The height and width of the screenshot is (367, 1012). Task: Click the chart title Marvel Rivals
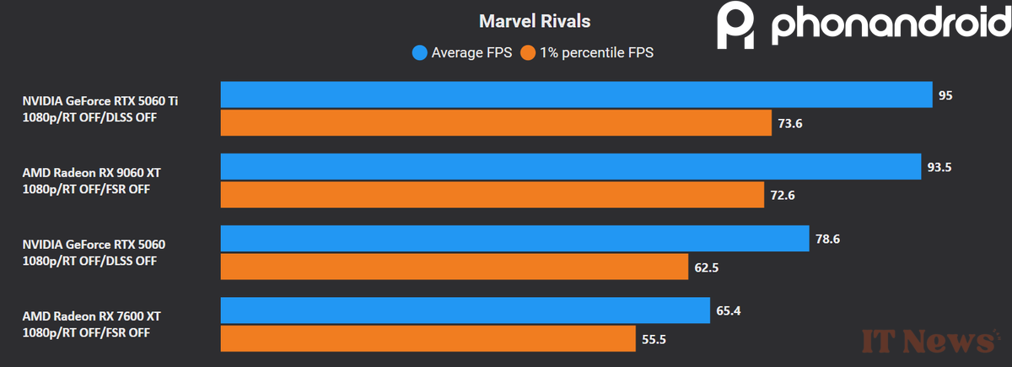point(535,20)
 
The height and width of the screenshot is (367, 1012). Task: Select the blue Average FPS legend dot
point(419,53)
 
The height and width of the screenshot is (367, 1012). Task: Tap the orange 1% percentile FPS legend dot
point(528,53)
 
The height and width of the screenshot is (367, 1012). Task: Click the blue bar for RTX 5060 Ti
point(576,95)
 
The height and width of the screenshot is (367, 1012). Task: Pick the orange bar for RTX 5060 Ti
point(496,123)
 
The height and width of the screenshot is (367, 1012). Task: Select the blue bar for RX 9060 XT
point(570,166)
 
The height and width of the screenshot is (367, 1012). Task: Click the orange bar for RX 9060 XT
point(493,195)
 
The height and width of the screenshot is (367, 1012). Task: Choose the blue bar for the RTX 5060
point(514,239)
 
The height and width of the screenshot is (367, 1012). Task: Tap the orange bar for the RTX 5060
point(455,267)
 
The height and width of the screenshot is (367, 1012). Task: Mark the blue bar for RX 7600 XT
point(465,310)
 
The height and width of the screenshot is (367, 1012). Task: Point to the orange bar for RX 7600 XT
point(428,339)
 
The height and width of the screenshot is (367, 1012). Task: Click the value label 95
point(945,96)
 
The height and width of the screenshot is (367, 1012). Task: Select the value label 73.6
point(791,124)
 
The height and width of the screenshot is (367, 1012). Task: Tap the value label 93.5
point(939,167)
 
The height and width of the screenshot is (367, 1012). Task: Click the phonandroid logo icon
point(737,26)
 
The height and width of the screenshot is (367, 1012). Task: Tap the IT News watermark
point(927,340)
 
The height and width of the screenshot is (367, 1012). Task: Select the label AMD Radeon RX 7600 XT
point(91,316)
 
